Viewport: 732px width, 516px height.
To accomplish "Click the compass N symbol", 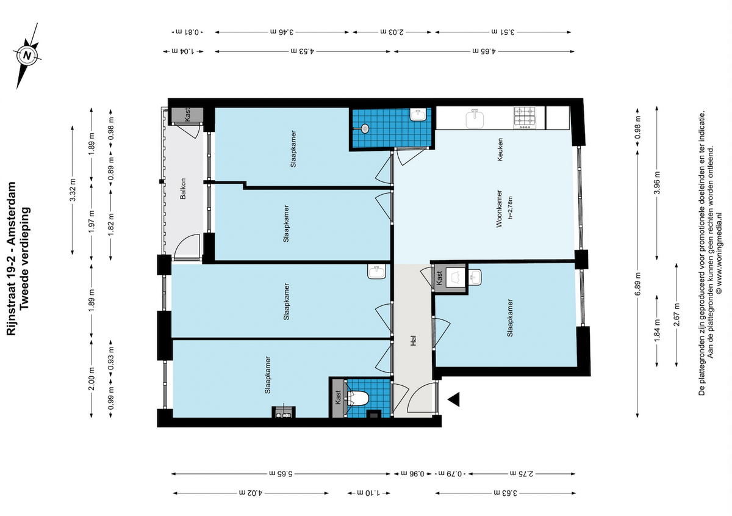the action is (27, 56).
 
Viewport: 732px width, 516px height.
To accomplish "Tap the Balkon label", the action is (182, 189).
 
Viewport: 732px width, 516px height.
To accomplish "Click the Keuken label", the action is (500, 150).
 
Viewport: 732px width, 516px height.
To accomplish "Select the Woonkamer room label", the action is (499, 208).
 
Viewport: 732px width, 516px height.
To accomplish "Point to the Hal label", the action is (414, 340).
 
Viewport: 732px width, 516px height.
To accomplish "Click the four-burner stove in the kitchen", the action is (524, 117).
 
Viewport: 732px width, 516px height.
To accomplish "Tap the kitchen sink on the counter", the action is (475, 119).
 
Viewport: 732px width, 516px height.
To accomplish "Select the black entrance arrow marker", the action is (454, 399).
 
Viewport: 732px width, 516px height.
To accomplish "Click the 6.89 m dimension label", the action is (637, 284).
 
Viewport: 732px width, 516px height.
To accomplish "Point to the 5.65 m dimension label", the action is (281, 473).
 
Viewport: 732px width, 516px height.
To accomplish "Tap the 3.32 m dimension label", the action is (73, 190).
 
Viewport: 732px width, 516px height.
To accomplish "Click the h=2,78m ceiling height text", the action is (510, 208).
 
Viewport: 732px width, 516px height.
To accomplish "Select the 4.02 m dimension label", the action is (250, 493).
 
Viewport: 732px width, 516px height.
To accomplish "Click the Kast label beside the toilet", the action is (338, 397).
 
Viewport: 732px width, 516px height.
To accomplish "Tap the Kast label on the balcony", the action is (187, 115).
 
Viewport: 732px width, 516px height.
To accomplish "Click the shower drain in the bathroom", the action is (365, 129).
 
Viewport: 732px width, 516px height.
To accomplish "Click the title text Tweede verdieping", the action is (24, 258).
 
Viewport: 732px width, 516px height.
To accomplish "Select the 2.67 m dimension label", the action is (676, 314).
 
